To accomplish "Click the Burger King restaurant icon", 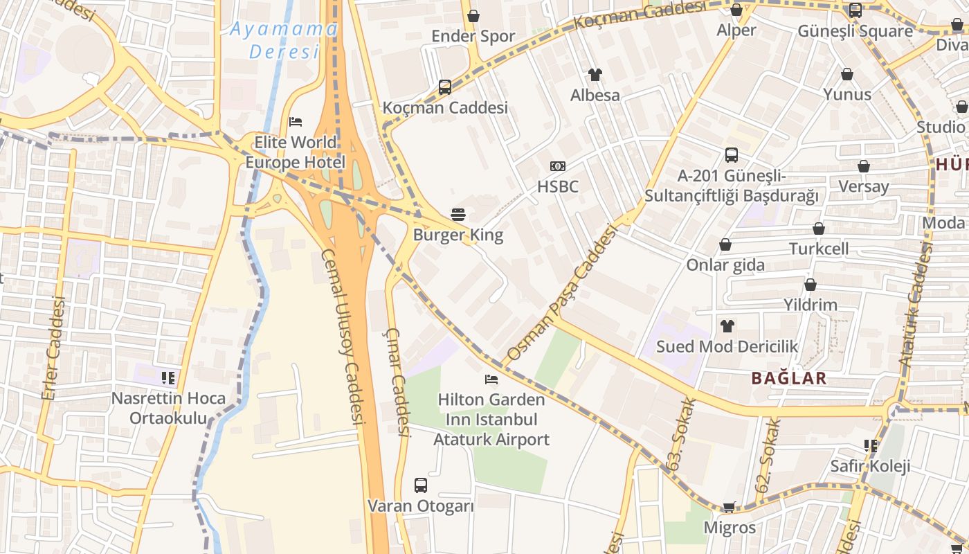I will pyautogui.click(x=458, y=214).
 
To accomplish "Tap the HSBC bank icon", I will pyautogui.click(x=557, y=166).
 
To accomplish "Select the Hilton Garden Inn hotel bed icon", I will pyautogui.click(x=491, y=379).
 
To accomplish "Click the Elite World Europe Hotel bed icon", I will pyautogui.click(x=296, y=122).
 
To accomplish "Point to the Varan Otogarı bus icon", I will pyautogui.click(x=420, y=485).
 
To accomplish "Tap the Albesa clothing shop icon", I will pyautogui.click(x=595, y=75).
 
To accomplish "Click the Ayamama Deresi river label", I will pyautogui.click(x=284, y=40).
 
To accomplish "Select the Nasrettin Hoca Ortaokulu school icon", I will pyautogui.click(x=168, y=377).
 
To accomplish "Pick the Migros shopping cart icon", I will pyautogui.click(x=729, y=508).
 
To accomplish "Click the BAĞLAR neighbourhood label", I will pyautogui.click(x=789, y=378).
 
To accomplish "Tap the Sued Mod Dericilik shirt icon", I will pyautogui.click(x=727, y=325).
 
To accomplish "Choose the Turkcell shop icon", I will pyautogui.click(x=818, y=229).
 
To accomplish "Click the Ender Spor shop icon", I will pyautogui.click(x=473, y=16).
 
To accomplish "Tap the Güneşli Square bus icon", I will pyautogui.click(x=855, y=10).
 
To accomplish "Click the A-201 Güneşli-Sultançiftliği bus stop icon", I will pyautogui.click(x=732, y=155).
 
